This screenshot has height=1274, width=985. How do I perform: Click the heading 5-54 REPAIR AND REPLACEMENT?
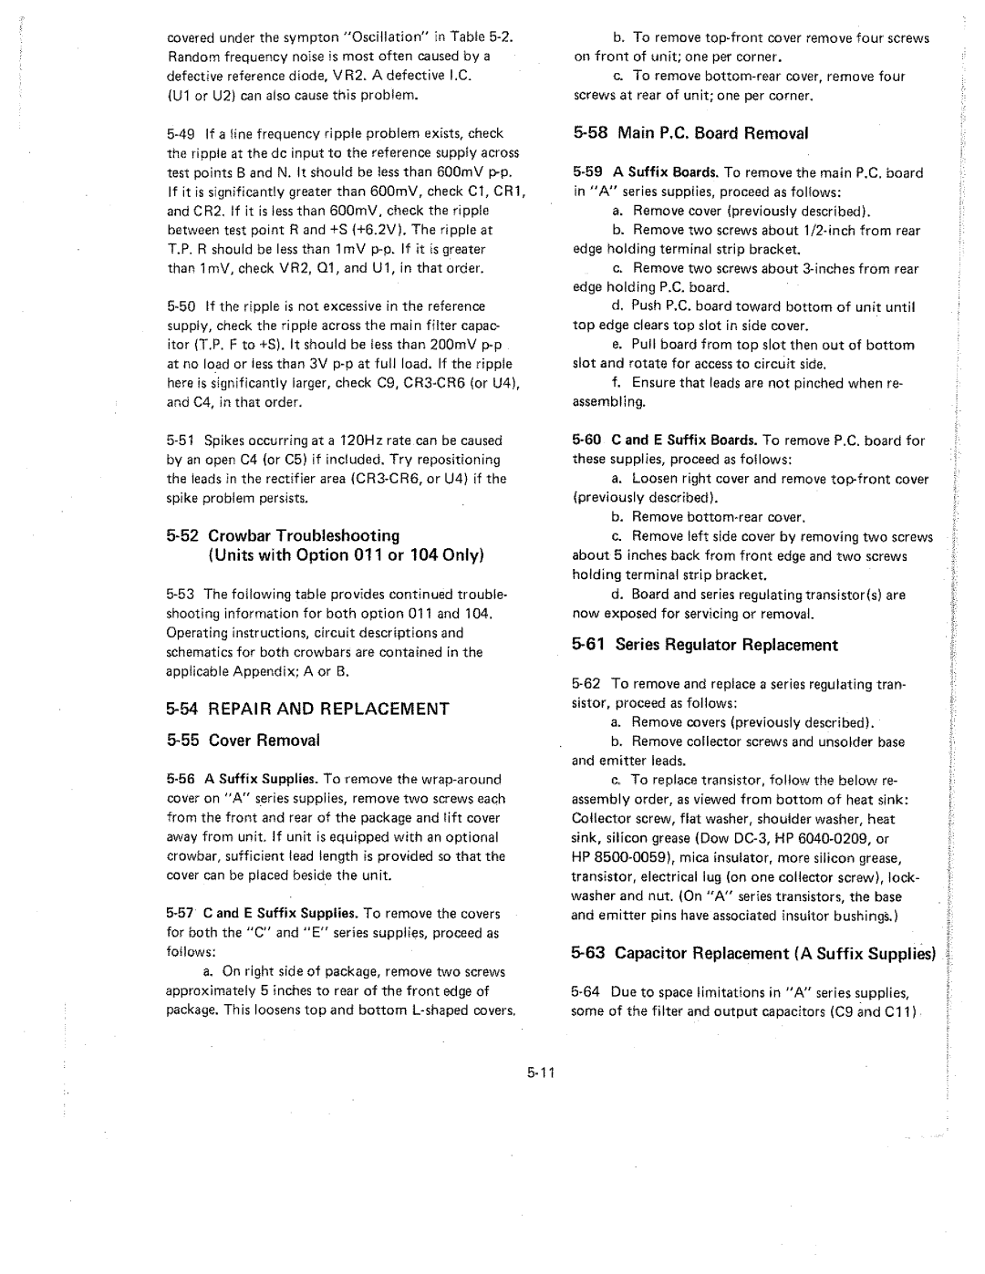[308, 709]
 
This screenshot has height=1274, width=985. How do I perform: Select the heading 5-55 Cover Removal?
[244, 740]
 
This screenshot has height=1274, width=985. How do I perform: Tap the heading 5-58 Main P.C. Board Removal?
[690, 133]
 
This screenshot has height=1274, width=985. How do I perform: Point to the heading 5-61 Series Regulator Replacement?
[704, 645]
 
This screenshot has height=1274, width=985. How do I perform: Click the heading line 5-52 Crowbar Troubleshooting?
[284, 535]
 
